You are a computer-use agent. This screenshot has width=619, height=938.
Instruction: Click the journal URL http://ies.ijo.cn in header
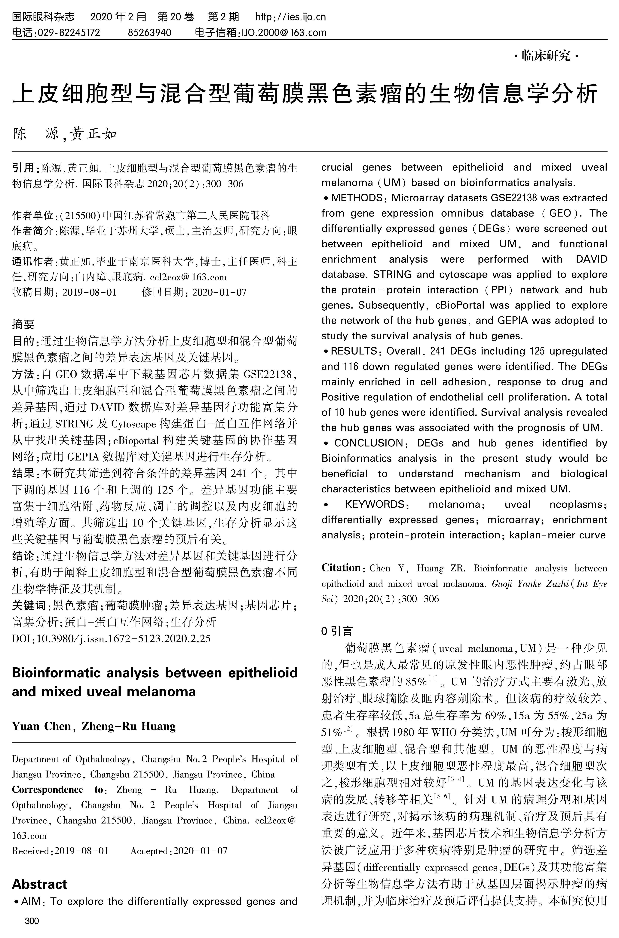point(291,17)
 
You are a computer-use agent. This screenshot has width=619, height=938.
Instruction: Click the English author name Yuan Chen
point(41,726)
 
